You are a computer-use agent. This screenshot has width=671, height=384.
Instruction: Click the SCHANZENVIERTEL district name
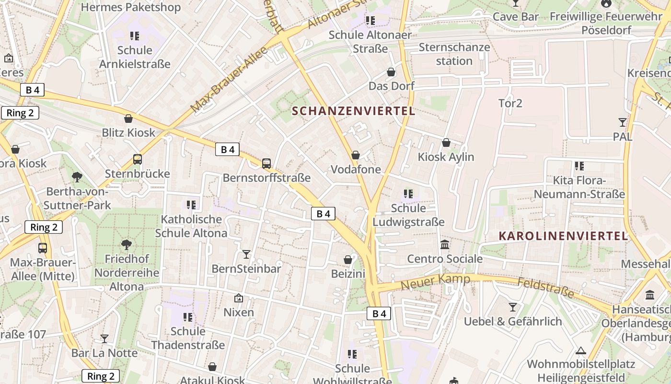tap(353, 111)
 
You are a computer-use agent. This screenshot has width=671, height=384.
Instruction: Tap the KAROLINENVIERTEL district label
tap(563, 236)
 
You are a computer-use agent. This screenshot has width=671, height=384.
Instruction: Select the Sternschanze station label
tap(454, 54)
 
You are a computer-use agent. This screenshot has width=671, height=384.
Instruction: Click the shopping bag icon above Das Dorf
tap(391, 72)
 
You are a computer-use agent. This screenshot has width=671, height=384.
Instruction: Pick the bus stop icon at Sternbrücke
tap(138, 159)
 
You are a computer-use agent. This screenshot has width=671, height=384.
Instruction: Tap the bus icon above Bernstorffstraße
tap(266, 164)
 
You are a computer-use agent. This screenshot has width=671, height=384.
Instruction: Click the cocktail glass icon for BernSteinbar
tap(246, 254)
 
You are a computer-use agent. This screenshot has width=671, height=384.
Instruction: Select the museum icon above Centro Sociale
tap(445, 245)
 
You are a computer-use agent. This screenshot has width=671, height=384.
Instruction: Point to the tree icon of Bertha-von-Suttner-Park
tap(77, 177)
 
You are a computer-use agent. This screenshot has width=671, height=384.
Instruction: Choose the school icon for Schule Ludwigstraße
tap(408, 194)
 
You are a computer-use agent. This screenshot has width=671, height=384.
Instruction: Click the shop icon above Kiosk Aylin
tap(446, 143)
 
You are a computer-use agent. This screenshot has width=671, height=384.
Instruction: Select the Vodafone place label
tap(356, 169)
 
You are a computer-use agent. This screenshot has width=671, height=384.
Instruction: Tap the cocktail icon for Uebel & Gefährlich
tap(513, 307)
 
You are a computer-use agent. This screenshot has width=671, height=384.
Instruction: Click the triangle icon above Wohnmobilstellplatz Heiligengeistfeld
tap(581, 350)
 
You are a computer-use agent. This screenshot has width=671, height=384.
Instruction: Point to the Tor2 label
tap(510, 103)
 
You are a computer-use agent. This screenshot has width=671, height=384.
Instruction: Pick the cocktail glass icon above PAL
tap(623, 122)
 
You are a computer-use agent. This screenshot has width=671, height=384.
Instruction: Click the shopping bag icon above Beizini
tap(348, 260)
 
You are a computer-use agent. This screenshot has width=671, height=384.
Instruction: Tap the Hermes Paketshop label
tap(130, 7)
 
